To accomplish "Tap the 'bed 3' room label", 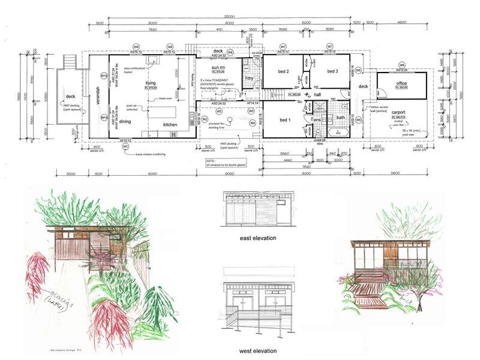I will coord(334,71).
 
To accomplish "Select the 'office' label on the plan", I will coord(402,83).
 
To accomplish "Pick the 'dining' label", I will coord(125,121).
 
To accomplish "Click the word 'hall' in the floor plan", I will coord(317,95).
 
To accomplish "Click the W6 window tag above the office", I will coord(402,64).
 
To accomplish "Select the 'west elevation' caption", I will coord(258,351).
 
